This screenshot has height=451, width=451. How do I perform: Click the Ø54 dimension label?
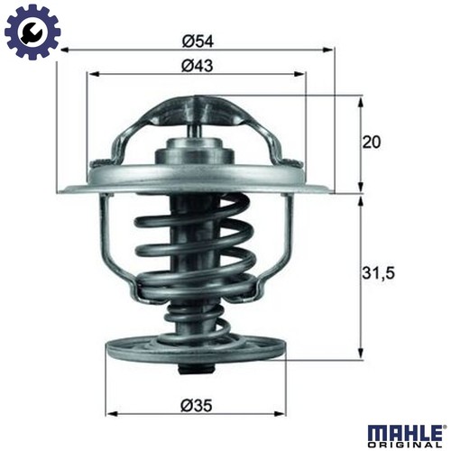coord(198,41)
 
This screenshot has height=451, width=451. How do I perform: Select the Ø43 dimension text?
coord(198,66)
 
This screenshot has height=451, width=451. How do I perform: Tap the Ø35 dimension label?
coord(197,406)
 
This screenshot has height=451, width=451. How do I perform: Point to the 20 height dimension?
coord(371,143)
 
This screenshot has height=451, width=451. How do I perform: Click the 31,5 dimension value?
coord(378,273)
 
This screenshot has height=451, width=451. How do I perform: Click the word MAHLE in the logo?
coord(405,433)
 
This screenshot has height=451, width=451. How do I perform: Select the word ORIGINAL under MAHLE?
coord(405,445)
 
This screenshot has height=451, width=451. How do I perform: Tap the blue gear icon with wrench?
coord(32,32)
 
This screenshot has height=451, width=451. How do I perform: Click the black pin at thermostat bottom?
coord(196,370)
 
